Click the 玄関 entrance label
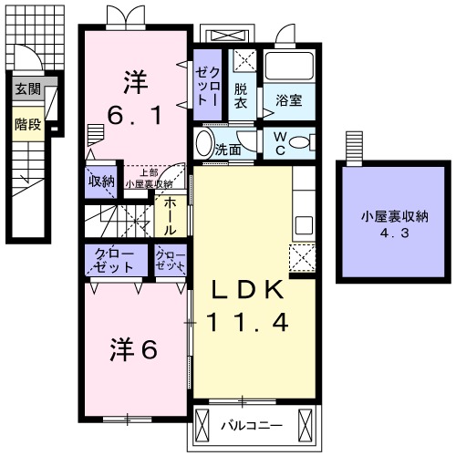pyautogui.click(x=26, y=89)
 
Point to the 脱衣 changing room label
pyautogui.click(x=241, y=97)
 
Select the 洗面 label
pyautogui.click(x=228, y=149)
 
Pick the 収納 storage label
pyautogui.click(x=100, y=181)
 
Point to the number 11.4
pyautogui.click(x=248, y=321)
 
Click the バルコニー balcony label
pyautogui.click(x=253, y=425)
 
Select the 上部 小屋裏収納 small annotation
pyautogui.click(x=148, y=178)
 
